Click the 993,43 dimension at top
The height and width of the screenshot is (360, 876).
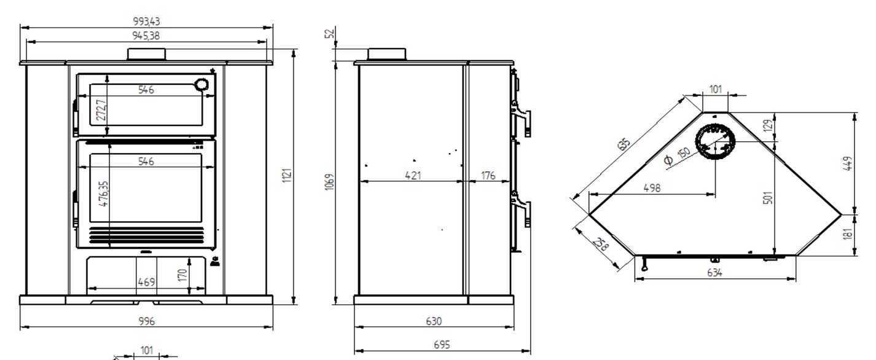146,21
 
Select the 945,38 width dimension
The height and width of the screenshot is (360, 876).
146,36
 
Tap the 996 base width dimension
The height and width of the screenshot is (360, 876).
147,321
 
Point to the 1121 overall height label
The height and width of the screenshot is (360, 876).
287,175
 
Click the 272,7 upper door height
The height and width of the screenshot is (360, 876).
101,110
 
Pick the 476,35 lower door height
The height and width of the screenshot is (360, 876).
104,194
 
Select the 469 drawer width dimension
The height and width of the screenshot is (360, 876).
146,282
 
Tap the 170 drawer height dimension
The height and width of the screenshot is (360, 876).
182,275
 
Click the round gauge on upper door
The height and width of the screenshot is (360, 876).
201,85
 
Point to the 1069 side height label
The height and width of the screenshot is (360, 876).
330,182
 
